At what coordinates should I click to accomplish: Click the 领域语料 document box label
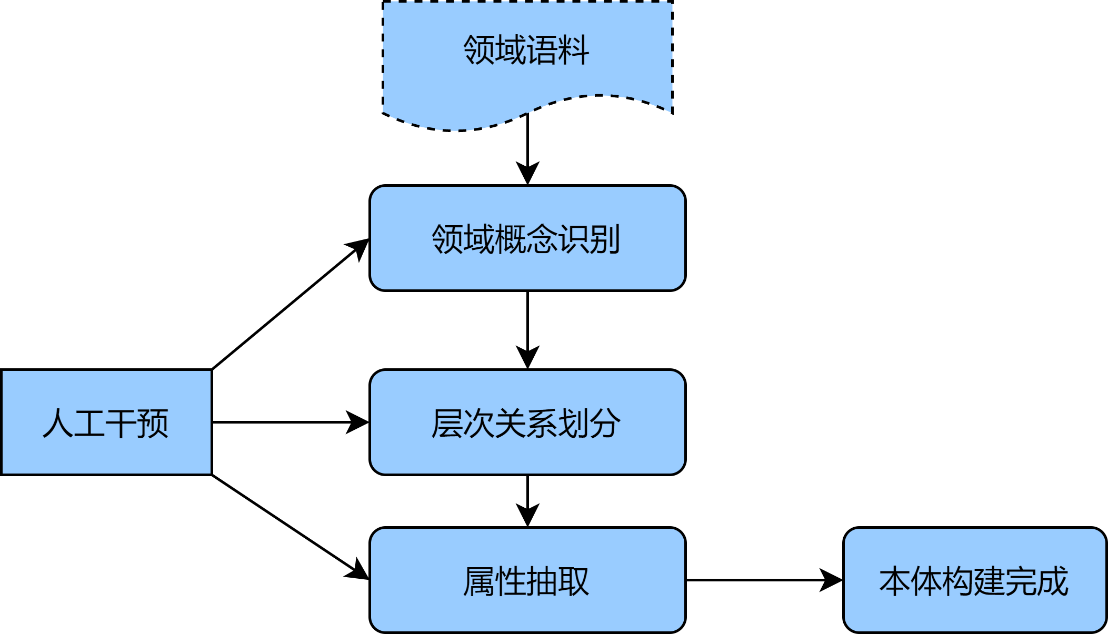click(x=526, y=51)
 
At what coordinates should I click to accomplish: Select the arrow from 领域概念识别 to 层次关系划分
click(x=527, y=326)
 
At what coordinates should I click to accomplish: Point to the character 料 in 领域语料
click(x=574, y=51)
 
